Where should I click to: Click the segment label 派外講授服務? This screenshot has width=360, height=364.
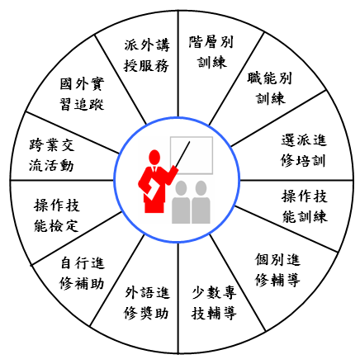(146, 55)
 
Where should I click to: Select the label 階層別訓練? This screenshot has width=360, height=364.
(211, 52)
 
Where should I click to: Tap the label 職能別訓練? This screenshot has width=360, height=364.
(270, 88)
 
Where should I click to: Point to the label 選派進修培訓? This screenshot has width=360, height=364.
(304, 150)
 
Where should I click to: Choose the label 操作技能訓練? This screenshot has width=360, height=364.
(305, 206)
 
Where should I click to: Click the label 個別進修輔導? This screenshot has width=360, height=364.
(277, 270)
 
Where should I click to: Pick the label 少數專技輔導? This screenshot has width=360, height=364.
(214, 303)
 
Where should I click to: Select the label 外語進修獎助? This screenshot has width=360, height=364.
(146, 303)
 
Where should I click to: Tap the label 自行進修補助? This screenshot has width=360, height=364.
(82, 273)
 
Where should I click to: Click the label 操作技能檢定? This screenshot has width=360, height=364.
(57, 215)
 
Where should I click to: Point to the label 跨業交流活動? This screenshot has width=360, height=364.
(52, 155)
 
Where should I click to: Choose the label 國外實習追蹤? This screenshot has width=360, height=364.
(82, 94)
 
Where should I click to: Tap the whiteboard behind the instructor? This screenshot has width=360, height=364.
(192, 155)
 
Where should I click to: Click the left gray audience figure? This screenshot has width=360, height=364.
(181, 202)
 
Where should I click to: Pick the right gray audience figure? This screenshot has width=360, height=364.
(201, 202)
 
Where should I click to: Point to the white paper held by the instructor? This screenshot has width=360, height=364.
(152, 191)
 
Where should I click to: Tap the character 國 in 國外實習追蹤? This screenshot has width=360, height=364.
(66, 84)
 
